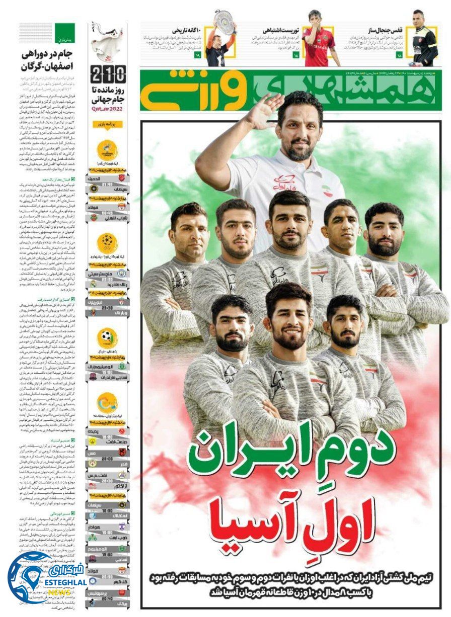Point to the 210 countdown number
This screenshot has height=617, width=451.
point(107,76)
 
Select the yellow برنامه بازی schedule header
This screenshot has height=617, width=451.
point(107,125)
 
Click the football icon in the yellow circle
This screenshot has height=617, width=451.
point(107,336)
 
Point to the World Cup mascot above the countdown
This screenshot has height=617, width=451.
point(107,40)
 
